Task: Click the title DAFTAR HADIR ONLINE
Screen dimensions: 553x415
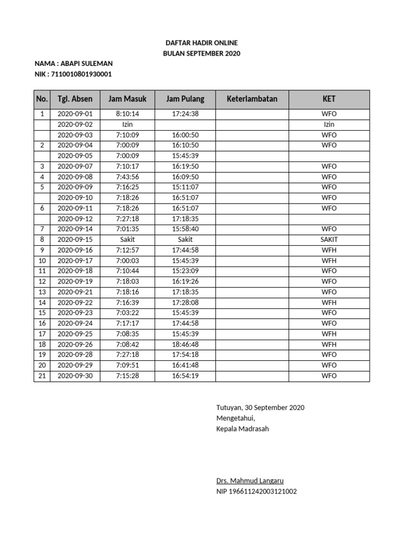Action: pyautogui.click(x=201, y=43)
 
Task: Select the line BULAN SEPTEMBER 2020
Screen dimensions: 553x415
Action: pyautogui.click(x=201, y=53)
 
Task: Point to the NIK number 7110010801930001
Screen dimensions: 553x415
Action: pyautogui.click(x=82, y=74)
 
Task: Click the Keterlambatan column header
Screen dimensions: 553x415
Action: pyautogui.click(x=252, y=99)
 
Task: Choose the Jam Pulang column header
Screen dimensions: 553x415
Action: pyautogui.click(x=185, y=99)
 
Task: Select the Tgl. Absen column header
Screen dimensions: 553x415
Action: pyautogui.click(x=75, y=99)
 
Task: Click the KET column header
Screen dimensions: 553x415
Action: pyautogui.click(x=329, y=99)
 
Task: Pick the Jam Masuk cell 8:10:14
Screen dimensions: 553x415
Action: pyautogui.click(x=128, y=114)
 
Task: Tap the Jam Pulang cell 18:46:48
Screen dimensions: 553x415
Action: pyautogui.click(x=185, y=345)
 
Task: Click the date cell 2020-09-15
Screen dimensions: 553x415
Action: pyautogui.click(x=75, y=240)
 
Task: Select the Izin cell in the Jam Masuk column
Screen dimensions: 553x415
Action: pyautogui.click(x=128, y=125)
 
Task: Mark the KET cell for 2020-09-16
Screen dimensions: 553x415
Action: pyautogui.click(x=329, y=250)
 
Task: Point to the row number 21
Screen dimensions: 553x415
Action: pyautogui.click(x=42, y=376)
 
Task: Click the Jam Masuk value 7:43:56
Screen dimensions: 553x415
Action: pyautogui.click(x=128, y=177)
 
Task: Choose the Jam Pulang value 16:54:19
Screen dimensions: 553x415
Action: pyautogui.click(x=185, y=376)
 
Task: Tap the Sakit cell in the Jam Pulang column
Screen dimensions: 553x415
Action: pyautogui.click(x=185, y=240)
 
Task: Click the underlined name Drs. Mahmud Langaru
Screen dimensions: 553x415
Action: pyautogui.click(x=250, y=481)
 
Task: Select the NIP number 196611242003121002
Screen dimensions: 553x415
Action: pyautogui.click(x=256, y=491)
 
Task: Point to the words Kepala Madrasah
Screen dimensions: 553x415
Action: pyautogui.click(x=242, y=429)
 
